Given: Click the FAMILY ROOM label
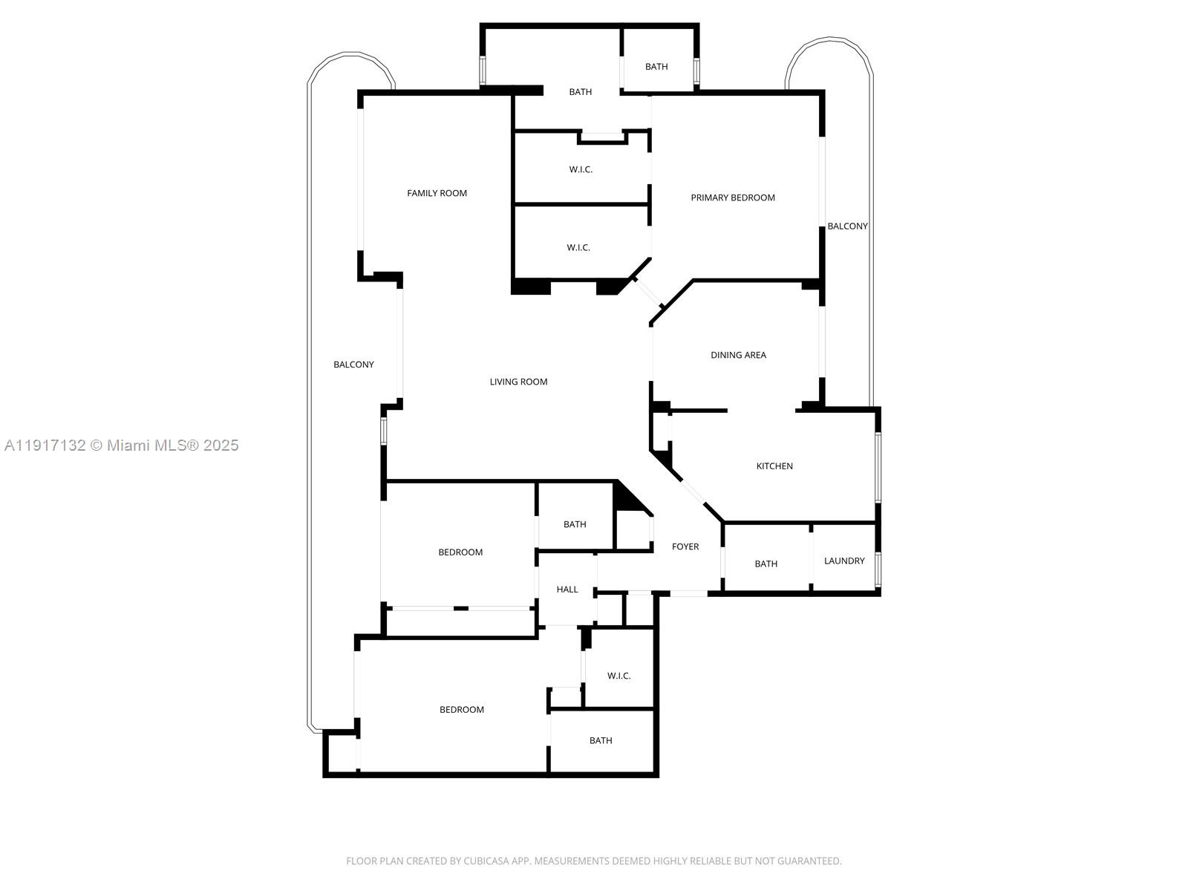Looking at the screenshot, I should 437,193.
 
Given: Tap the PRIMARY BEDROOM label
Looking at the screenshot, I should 732,198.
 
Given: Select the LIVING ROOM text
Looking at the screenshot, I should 518,382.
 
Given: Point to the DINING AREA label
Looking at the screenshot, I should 738,355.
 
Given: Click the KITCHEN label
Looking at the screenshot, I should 774,466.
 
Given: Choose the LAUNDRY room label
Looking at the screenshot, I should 844,561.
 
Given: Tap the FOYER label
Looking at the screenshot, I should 685,546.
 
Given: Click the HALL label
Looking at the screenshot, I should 567,590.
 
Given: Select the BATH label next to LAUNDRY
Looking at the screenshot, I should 766,564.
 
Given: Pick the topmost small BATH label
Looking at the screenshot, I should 656,67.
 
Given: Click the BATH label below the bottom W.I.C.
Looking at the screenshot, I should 601,740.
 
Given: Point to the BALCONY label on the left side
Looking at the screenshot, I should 353,365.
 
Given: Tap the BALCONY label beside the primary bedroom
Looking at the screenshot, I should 847,226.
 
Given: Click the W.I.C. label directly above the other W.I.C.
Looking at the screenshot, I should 581,169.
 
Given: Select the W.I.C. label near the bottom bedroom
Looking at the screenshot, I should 619,676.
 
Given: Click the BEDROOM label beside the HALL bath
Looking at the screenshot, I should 460,552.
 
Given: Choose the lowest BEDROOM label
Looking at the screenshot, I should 462,710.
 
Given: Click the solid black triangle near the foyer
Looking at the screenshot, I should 628,499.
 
